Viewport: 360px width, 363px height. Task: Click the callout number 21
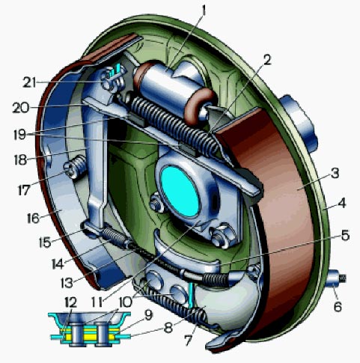pyautogui.click(x=29, y=82)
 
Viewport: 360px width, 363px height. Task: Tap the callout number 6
pyautogui.click(x=338, y=306)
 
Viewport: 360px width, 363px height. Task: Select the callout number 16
pyautogui.click(x=33, y=219)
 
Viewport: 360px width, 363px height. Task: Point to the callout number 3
pyautogui.click(x=335, y=173)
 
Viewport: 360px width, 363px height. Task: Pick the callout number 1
pyautogui.click(x=204, y=11)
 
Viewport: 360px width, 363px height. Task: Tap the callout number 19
pyautogui.click(x=20, y=134)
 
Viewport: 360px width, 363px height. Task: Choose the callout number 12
pyautogui.click(x=70, y=302)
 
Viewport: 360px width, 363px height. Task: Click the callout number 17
pyautogui.click(x=24, y=190)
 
